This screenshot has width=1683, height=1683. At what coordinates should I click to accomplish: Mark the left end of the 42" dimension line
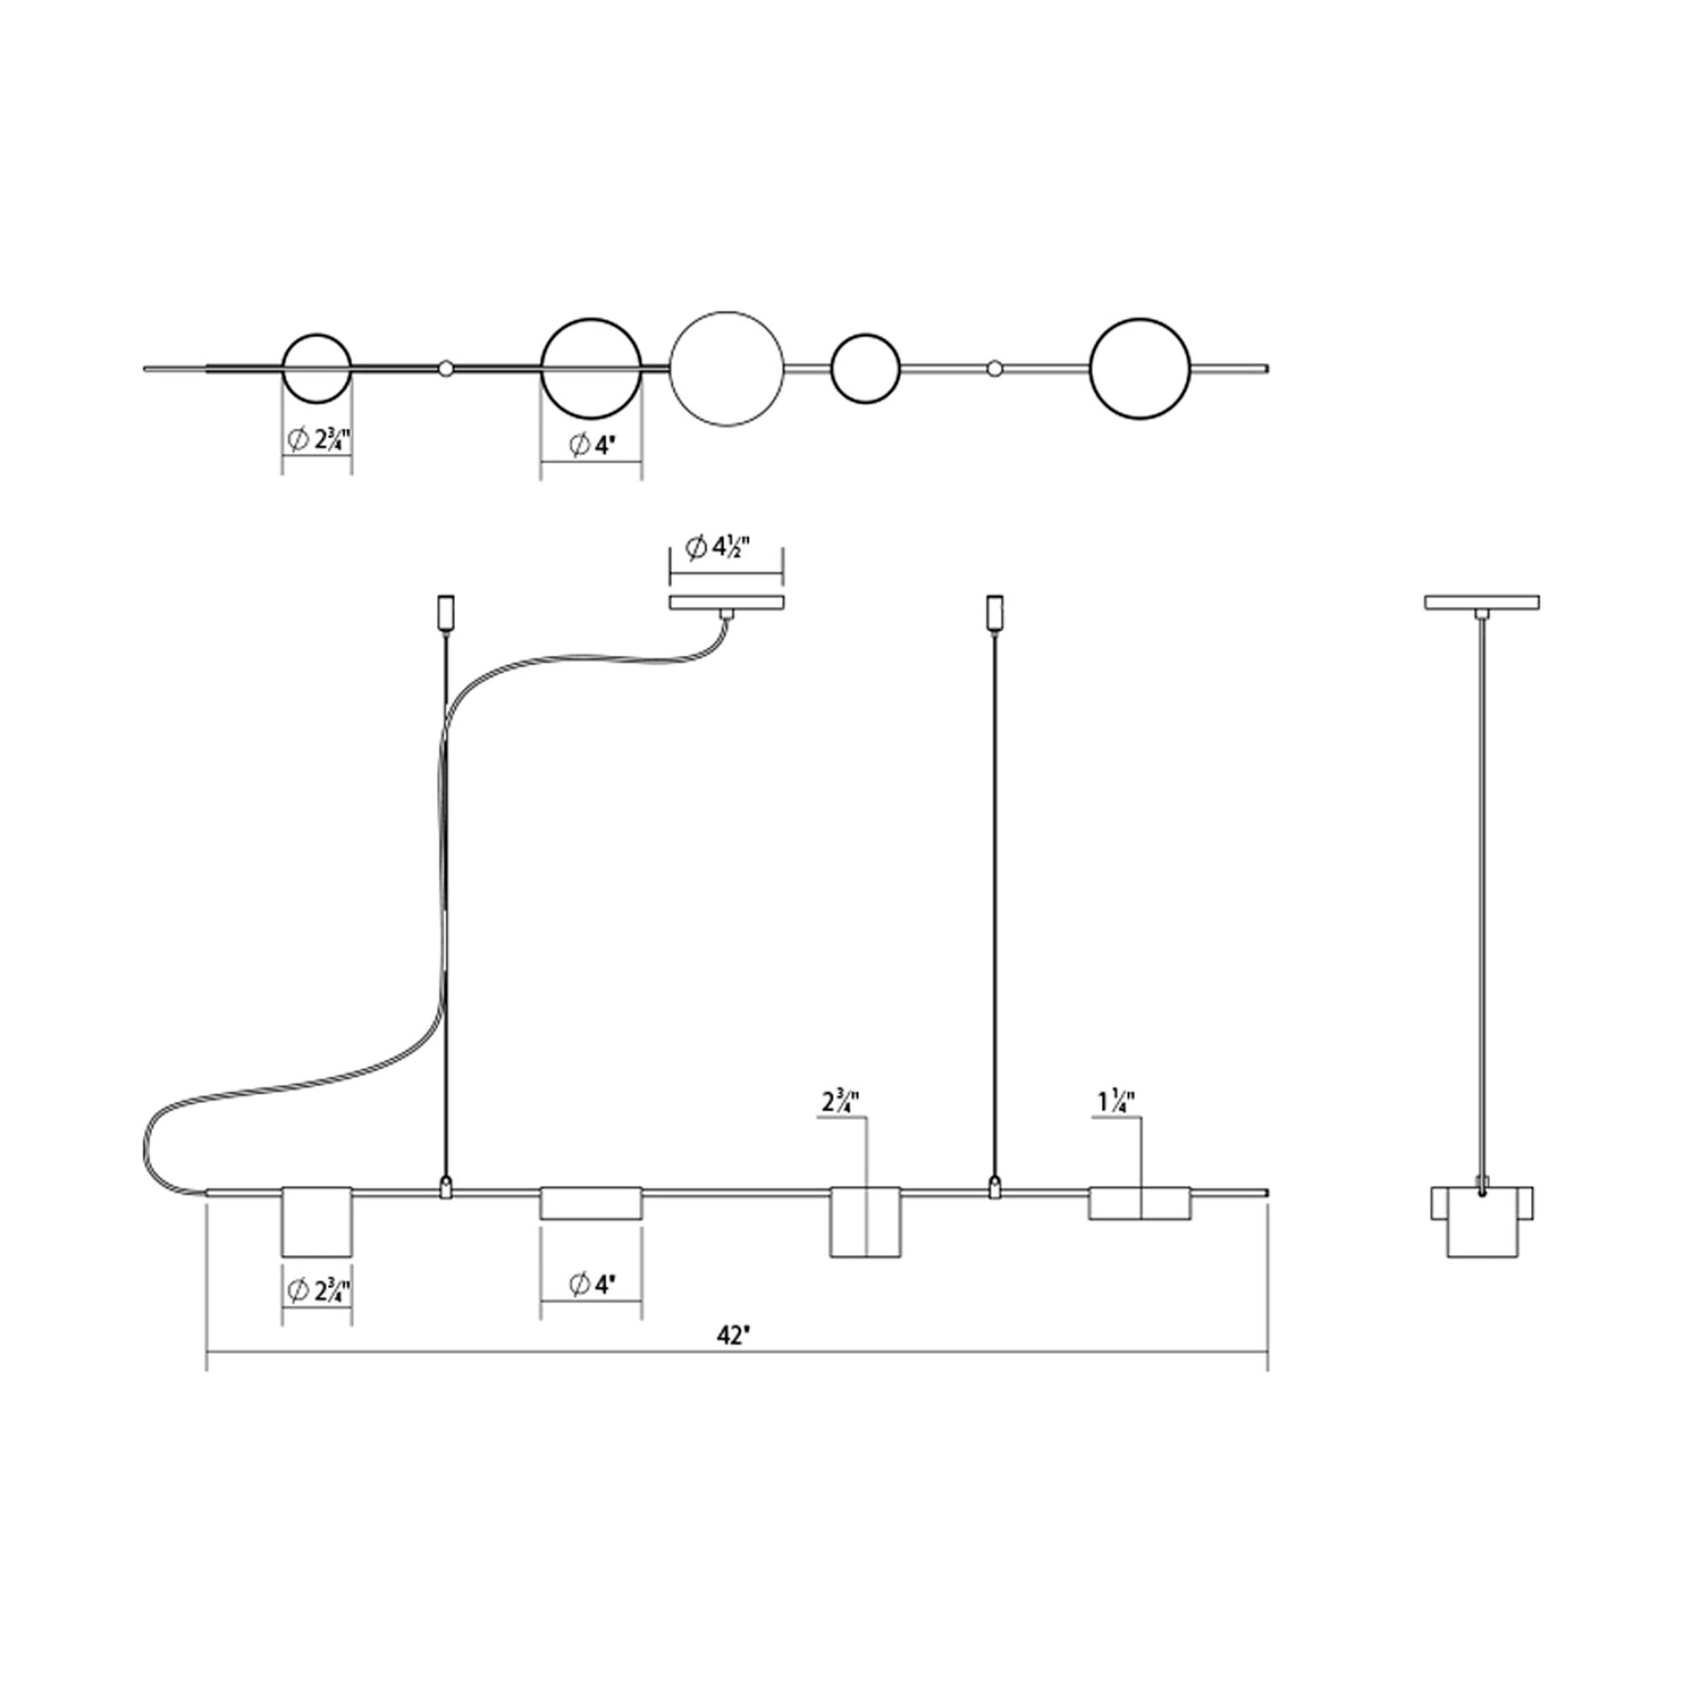pyautogui.click(x=207, y=1353)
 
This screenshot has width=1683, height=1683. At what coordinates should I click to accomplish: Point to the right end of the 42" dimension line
pyautogui.click(x=1267, y=1353)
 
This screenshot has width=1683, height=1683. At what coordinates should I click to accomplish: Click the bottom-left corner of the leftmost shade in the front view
pyautogui.click(x=281, y=1256)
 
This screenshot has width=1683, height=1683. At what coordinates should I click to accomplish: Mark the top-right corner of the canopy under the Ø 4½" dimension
pyautogui.click(x=784, y=596)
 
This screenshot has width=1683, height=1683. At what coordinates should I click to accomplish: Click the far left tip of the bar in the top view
pyautogui.click(x=144, y=368)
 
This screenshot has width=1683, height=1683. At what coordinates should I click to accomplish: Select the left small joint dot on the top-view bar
pyautogui.click(x=446, y=368)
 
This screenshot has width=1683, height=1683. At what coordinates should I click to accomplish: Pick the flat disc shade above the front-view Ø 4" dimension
pyautogui.click(x=591, y=1202)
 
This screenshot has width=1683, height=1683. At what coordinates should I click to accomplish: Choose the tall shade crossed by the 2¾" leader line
pyautogui.click(x=865, y=1221)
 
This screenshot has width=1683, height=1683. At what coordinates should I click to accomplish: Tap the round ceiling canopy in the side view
pyautogui.click(x=1481, y=602)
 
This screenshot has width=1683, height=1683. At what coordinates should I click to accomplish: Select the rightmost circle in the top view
pyautogui.click(x=1139, y=369)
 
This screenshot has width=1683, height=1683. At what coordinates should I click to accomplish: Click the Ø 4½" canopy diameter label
pyautogui.click(x=718, y=547)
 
